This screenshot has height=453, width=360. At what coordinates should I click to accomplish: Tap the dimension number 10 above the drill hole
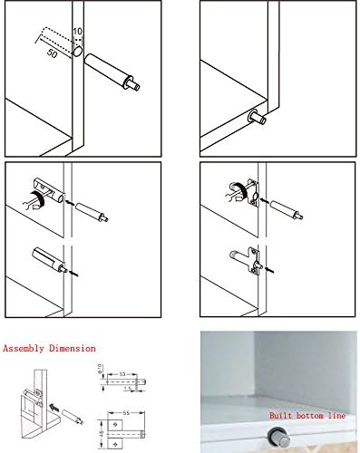point(79,33)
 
